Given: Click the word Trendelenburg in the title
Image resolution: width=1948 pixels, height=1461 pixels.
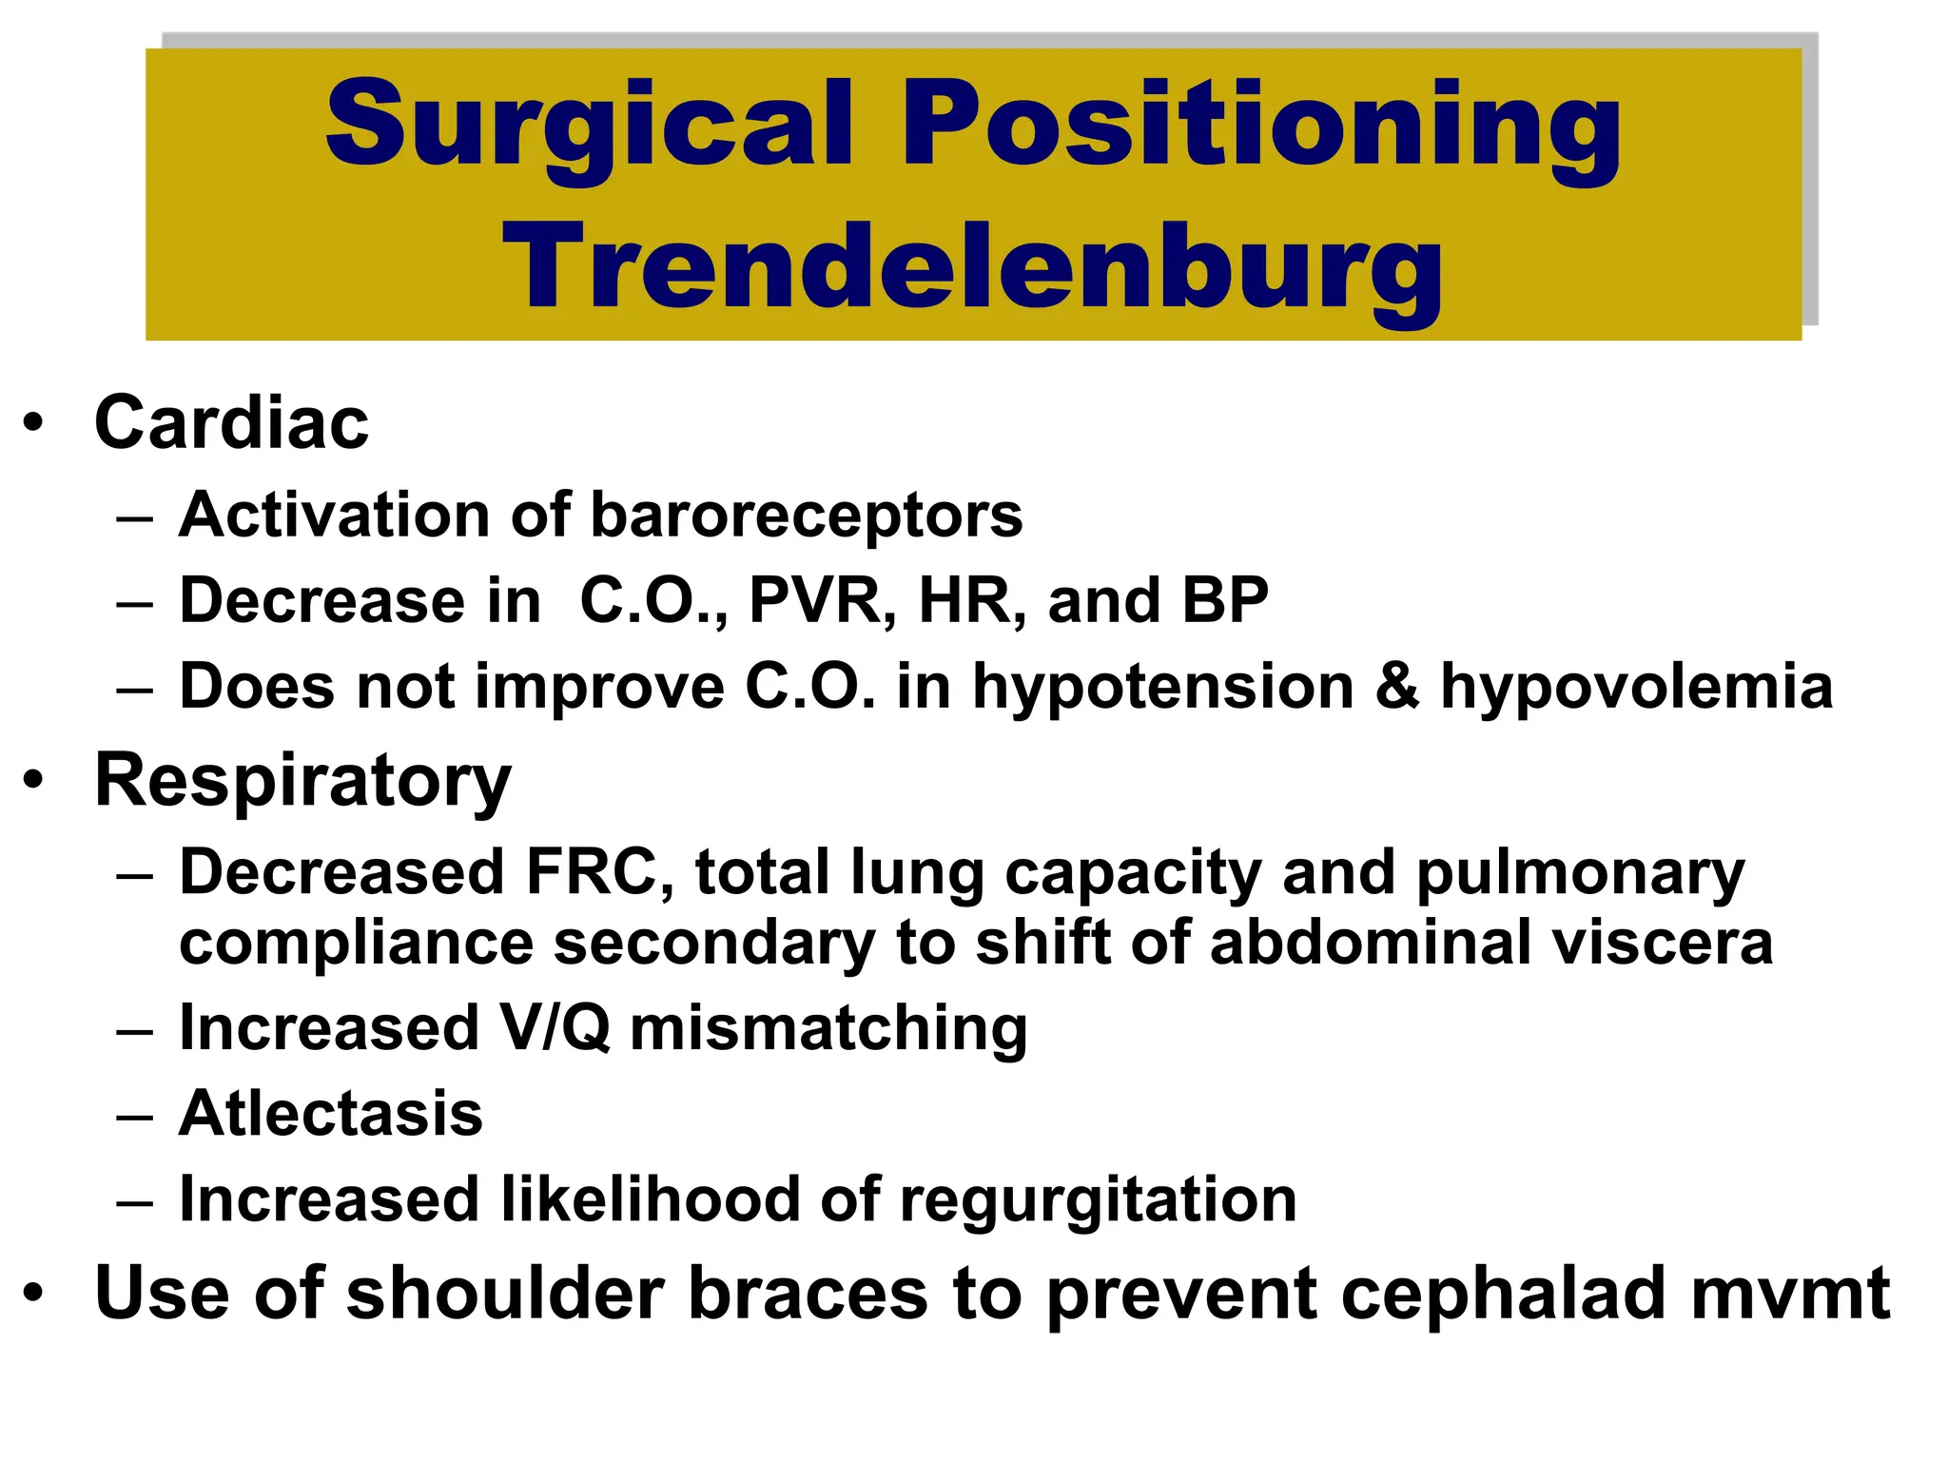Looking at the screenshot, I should point(972,266).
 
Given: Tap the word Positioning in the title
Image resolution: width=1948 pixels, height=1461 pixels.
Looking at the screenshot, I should point(1260,124).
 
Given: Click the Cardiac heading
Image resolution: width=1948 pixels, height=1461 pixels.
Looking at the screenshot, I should point(231,422).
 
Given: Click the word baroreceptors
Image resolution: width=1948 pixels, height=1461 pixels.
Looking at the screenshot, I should point(806,516).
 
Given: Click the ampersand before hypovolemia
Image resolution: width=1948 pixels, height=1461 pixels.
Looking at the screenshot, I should point(1397,687).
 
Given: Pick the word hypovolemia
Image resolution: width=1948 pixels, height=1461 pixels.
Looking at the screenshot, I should point(1636,687).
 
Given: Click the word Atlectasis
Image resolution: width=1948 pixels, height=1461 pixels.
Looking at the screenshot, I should point(330,1114).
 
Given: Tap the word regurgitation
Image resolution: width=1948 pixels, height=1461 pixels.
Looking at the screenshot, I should point(1098,1200).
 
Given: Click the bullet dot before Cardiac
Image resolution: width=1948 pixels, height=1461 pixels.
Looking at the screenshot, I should point(34,423).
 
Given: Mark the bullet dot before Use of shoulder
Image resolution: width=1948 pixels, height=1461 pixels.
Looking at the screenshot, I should point(34,1294).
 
